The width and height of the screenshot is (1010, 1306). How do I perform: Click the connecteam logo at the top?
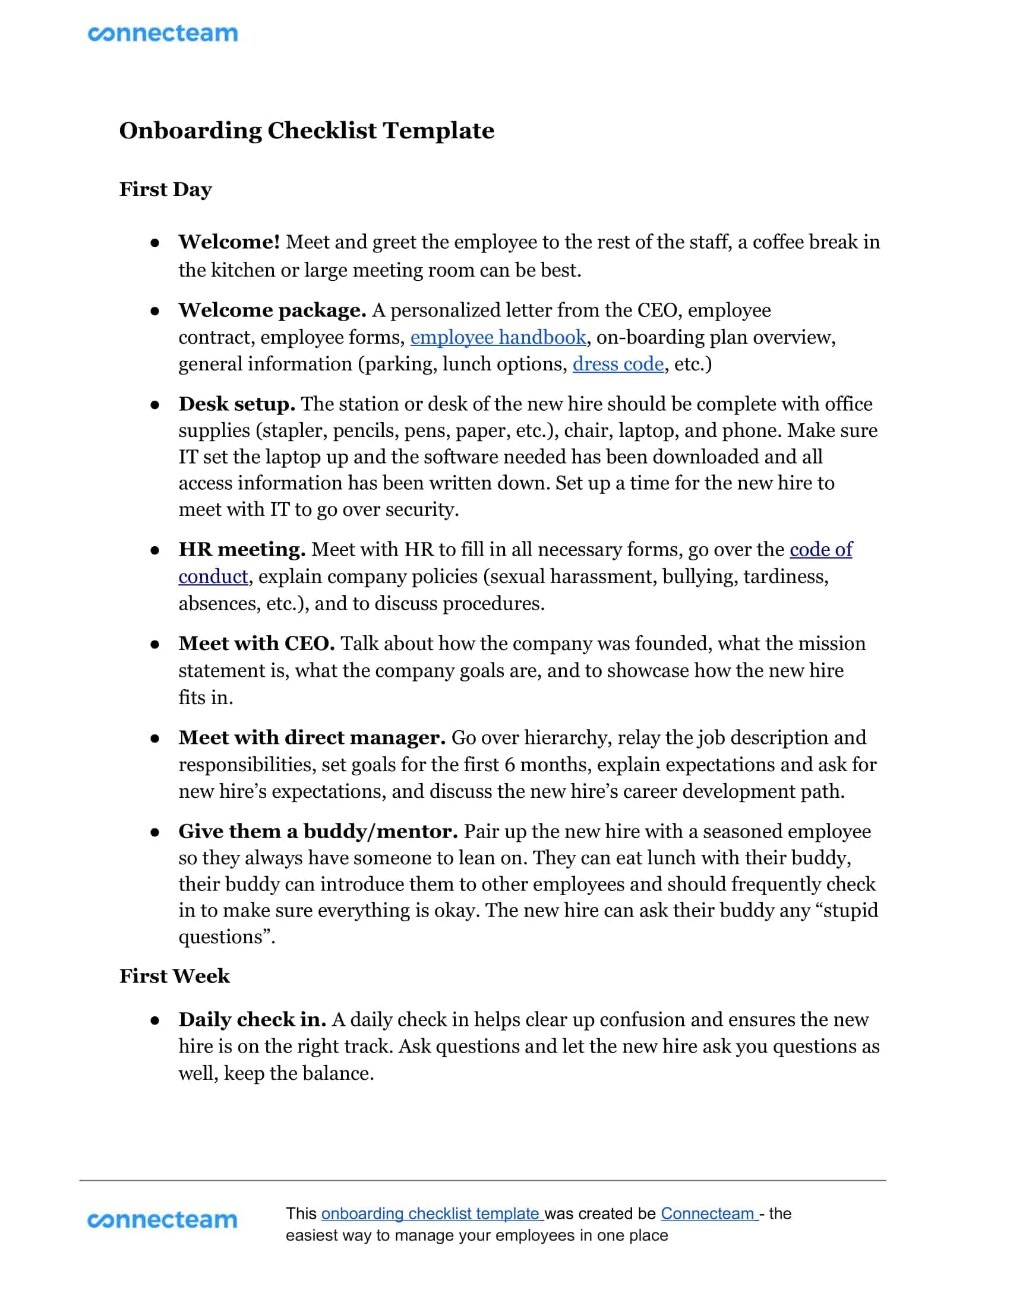coord(163,33)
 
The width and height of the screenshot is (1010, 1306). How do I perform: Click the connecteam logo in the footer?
coord(162,1220)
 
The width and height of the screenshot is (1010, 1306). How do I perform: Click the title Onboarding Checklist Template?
coord(307,131)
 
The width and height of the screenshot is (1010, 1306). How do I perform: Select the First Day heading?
coord(166,189)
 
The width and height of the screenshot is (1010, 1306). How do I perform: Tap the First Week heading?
coord(174,976)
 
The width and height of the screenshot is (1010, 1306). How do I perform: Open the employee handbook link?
coord(498,337)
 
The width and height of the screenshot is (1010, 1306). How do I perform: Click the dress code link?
coord(618,363)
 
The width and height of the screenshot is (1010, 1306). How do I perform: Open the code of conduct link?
coord(821,550)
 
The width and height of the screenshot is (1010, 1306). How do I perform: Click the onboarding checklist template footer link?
coord(431,1213)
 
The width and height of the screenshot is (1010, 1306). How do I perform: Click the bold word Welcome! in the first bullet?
coord(229,242)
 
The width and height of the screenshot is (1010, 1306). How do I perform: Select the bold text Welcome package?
coord(272,310)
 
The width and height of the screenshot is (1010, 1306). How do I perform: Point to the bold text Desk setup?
coord(237,404)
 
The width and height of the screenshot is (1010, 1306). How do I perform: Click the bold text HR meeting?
coord(242,550)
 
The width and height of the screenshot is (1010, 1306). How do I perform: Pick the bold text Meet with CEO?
coord(257,644)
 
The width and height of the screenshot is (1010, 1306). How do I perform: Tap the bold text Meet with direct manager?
coord(312,737)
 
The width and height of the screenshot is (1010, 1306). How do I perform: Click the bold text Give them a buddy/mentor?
coord(318,831)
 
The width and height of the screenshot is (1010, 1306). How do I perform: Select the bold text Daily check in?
coord(252,1019)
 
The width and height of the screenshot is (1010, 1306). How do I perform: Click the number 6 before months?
coord(509,765)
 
